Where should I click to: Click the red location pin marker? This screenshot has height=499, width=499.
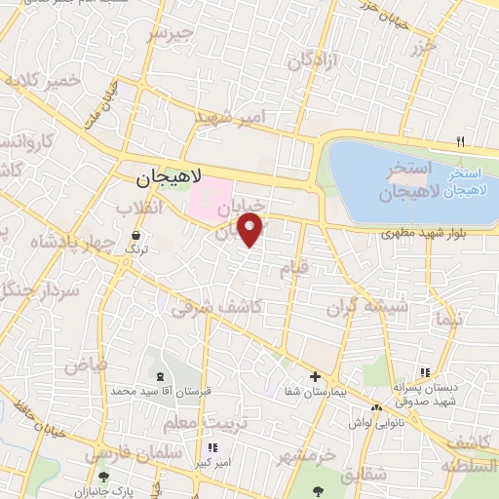pos(251,230)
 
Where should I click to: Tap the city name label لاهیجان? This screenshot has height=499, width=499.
pos(168,178)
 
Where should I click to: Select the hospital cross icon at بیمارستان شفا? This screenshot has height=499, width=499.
pos(314,376)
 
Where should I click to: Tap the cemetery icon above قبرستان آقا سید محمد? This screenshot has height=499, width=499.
pos(160,376)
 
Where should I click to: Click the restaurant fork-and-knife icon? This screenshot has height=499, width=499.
pos(460,142)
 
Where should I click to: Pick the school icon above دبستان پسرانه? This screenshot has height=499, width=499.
pos(424,372)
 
